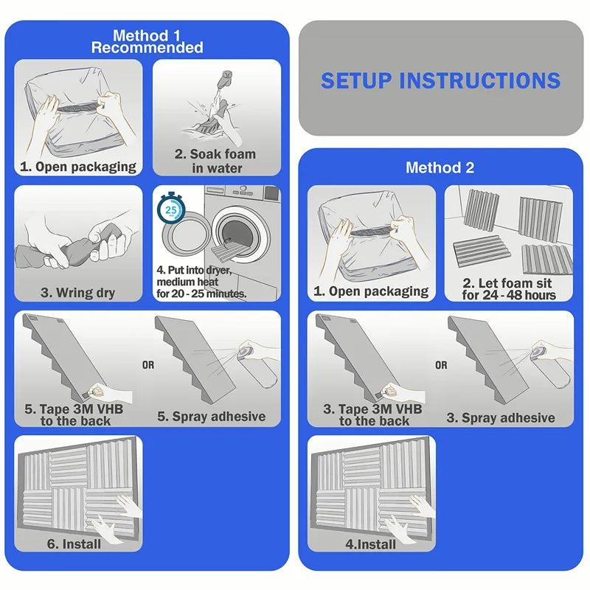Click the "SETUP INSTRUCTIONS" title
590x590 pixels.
[440, 80]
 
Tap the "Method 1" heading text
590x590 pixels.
[147, 35]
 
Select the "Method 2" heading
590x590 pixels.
[440, 168]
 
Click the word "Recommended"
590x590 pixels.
[147, 48]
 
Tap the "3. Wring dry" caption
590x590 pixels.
[78, 292]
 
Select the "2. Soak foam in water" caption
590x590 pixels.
[215, 161]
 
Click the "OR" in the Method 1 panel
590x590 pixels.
[148, 365]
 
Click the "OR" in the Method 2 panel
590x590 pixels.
[441, 365]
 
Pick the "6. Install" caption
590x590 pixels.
[74, 544]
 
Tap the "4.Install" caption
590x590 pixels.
[371, 544]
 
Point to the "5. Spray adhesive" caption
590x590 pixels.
[212, 417]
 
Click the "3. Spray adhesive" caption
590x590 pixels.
[501, 417]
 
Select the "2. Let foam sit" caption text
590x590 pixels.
[507, 283]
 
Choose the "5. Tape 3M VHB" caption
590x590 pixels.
[74, 409]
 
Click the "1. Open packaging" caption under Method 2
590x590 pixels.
[371, 291]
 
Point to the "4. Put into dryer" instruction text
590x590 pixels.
[194, 270]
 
